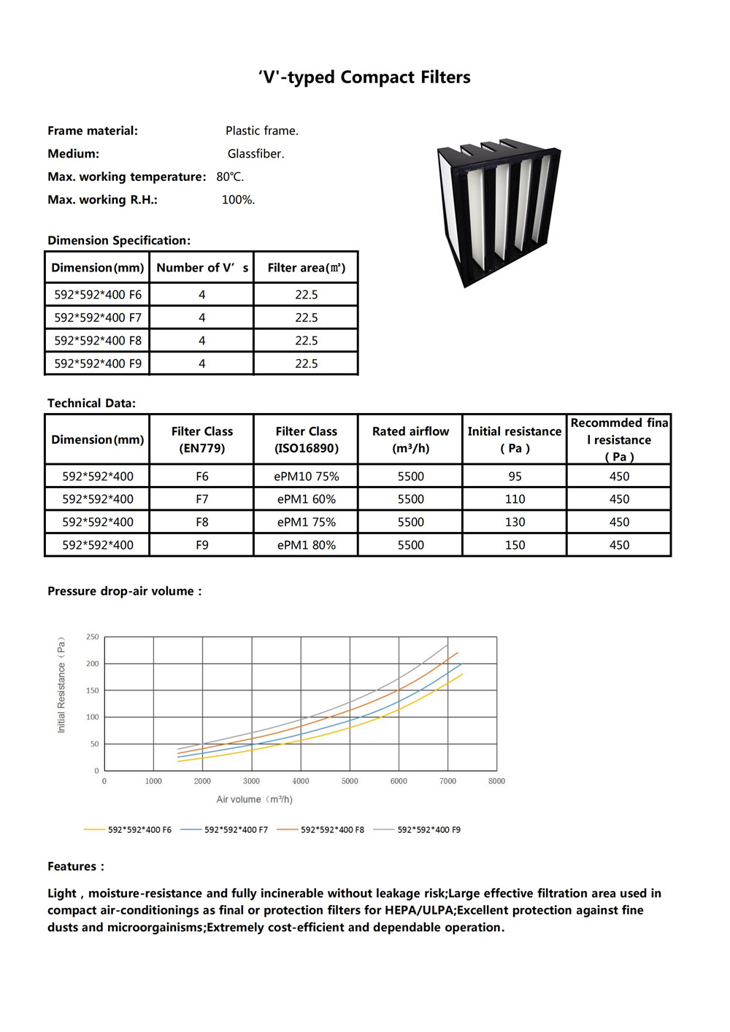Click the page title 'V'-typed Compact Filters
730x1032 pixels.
364,77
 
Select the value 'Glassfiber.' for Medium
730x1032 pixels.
255,154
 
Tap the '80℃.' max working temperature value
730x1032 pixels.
230,177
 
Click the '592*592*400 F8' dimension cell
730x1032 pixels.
98,341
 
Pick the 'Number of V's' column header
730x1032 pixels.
202,268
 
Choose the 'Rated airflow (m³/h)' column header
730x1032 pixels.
410,439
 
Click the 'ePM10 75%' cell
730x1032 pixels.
307,477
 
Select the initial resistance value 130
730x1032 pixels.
515,522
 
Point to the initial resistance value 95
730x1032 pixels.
515,477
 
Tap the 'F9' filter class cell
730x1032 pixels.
202,545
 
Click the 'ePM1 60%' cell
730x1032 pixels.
307,499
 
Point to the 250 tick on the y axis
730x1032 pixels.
93,637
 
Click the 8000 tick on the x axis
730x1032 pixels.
496,781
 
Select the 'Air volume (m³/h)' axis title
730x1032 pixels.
254,800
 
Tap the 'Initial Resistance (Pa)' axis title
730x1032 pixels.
61,685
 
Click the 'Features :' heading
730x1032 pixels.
76,867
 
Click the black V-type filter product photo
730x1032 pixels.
499,212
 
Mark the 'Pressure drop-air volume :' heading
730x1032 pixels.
124,591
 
